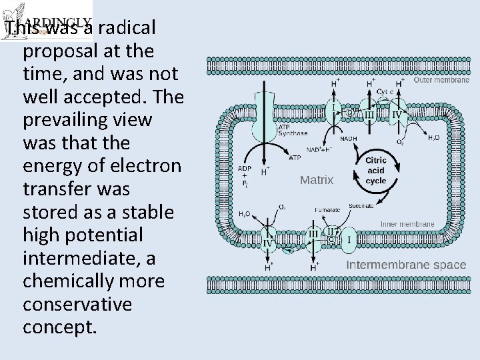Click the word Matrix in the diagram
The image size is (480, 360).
(x=317, y=179)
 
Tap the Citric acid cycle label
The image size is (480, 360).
(x=375, y=171)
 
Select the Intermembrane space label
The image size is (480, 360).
(x=405, y=265)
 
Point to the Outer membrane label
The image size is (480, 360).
(x=441, y=80)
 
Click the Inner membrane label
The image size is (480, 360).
(x=407, y=224)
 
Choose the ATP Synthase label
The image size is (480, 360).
(x=292, y=129)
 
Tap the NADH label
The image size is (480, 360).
(x=348, y=139)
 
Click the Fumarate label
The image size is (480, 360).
(x=327, y=210)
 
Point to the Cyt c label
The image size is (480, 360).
(x=385, y=91)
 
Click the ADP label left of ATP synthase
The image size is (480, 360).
(x=245, y=168)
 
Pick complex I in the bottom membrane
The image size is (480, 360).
(x=348, y=239)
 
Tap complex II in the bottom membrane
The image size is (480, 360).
(x=330, y=231)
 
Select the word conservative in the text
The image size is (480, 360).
(x=77, y=304)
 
